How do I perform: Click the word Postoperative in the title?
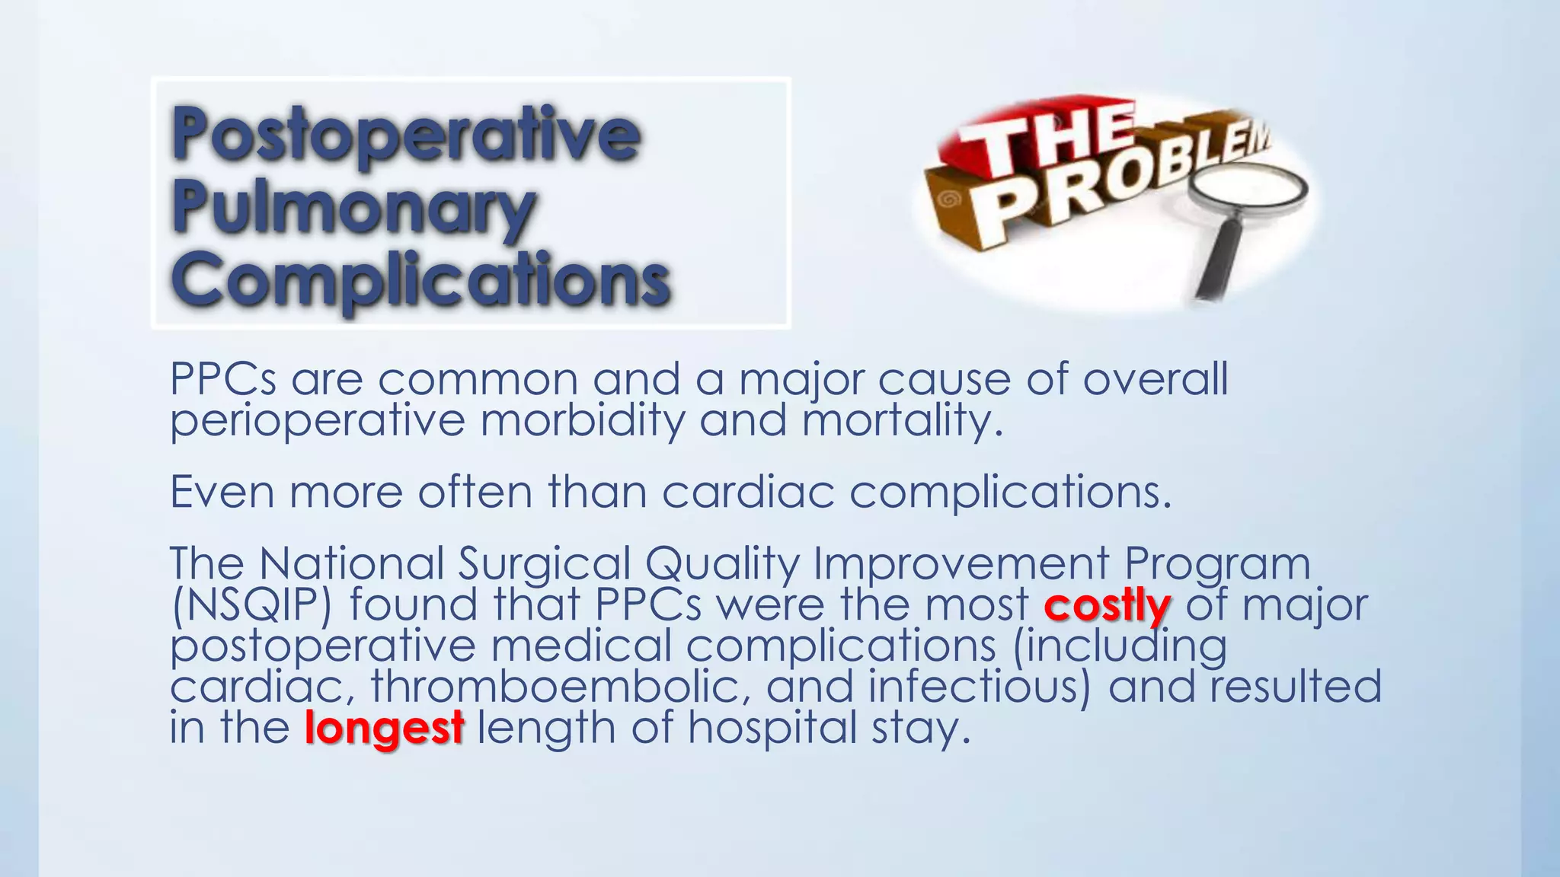click(405, 135)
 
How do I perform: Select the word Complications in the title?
click(420, 279)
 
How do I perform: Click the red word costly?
click(1107, 606)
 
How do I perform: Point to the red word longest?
click(384, 728)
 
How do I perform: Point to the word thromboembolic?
click(555, 687)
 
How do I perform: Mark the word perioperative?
click(317, 420)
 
